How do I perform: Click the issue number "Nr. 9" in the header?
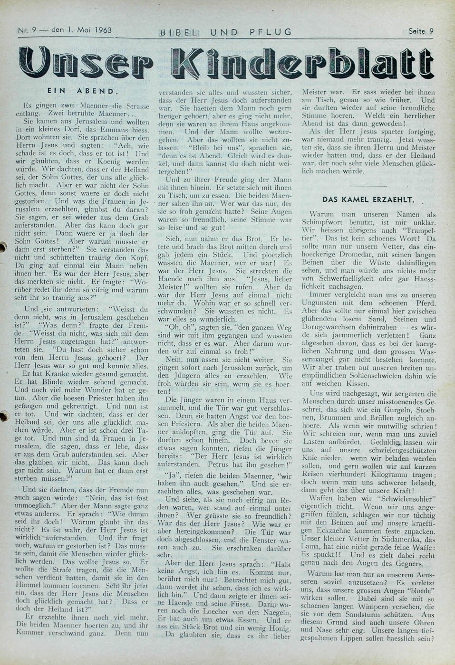point(27,31)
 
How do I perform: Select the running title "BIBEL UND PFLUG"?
point(226,32)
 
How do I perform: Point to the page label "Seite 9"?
point(421,31)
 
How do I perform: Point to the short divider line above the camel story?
point(368,171)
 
